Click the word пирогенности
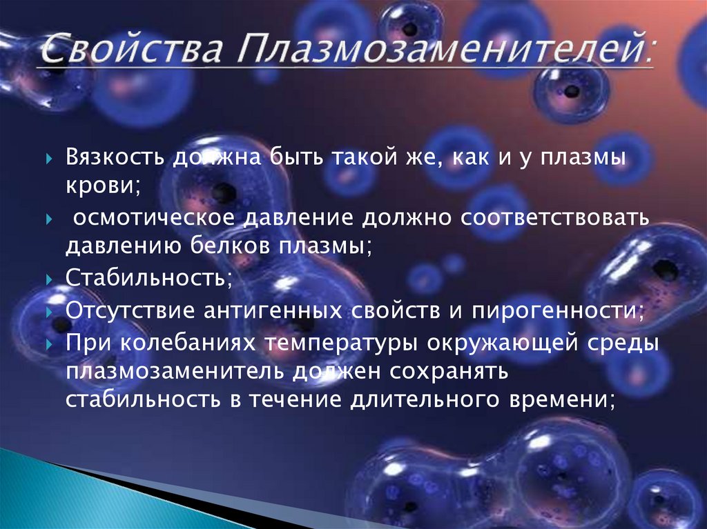(x=556, y=310)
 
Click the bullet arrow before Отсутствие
(x=49, y=310)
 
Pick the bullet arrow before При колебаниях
(x=49, y=343)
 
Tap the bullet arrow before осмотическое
(x=49, y=219)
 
